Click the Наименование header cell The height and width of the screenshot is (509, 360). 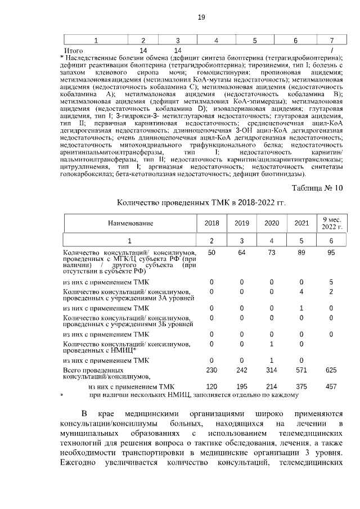tap(130, 223)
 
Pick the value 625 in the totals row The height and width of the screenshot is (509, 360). tap(331, 371)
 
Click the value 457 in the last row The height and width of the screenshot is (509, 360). tap(331, 387)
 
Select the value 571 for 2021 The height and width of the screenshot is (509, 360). tap(301, 371)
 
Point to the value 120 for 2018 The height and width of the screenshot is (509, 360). tap(211, 387)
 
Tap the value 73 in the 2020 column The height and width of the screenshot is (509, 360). tap(272, 253)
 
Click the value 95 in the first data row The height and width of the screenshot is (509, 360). tap(331, 253)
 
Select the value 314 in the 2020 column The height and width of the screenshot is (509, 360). tap(272, 371)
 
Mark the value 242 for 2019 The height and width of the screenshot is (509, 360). tap(241, 371)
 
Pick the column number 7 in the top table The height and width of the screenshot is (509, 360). tap(331, 40)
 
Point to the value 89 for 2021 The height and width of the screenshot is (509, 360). tap(301, 253)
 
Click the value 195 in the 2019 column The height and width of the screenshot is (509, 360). tap(241, 387)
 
